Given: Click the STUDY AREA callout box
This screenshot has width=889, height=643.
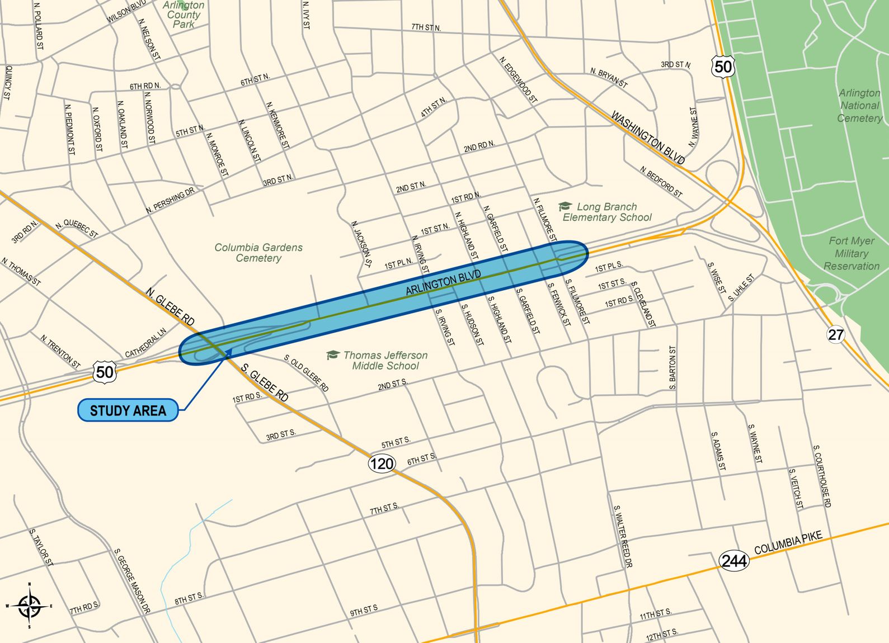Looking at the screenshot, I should point(128,410).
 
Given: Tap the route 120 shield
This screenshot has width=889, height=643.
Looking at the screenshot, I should point(382,464).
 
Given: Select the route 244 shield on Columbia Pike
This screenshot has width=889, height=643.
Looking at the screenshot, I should point(733,560).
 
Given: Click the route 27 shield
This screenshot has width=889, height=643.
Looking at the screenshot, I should point(835,334).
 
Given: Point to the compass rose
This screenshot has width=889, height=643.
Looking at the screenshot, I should point(29,606).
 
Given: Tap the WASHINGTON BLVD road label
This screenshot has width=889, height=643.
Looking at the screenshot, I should point(647,138).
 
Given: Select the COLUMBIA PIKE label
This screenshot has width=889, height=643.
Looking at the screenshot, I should point(788,542).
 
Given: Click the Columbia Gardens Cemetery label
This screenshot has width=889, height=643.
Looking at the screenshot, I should point(258,253).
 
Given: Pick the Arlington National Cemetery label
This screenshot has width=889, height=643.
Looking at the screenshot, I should point(859,105).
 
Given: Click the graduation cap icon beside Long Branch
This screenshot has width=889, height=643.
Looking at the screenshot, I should point(565,207).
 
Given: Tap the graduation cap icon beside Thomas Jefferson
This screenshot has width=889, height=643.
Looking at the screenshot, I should point(333,355).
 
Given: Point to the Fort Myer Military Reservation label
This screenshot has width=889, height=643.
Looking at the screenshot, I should point(852,253).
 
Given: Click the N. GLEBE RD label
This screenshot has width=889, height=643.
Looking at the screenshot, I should point(171,306).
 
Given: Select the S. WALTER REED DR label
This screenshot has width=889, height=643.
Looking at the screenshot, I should point(622,536).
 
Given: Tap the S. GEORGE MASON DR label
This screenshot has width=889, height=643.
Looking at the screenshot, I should point(132,581).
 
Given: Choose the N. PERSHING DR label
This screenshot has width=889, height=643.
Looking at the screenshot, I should point(170,200).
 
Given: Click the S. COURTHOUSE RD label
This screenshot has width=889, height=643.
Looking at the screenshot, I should point(822,476).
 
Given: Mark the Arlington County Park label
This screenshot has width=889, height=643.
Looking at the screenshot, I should point(184,15).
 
